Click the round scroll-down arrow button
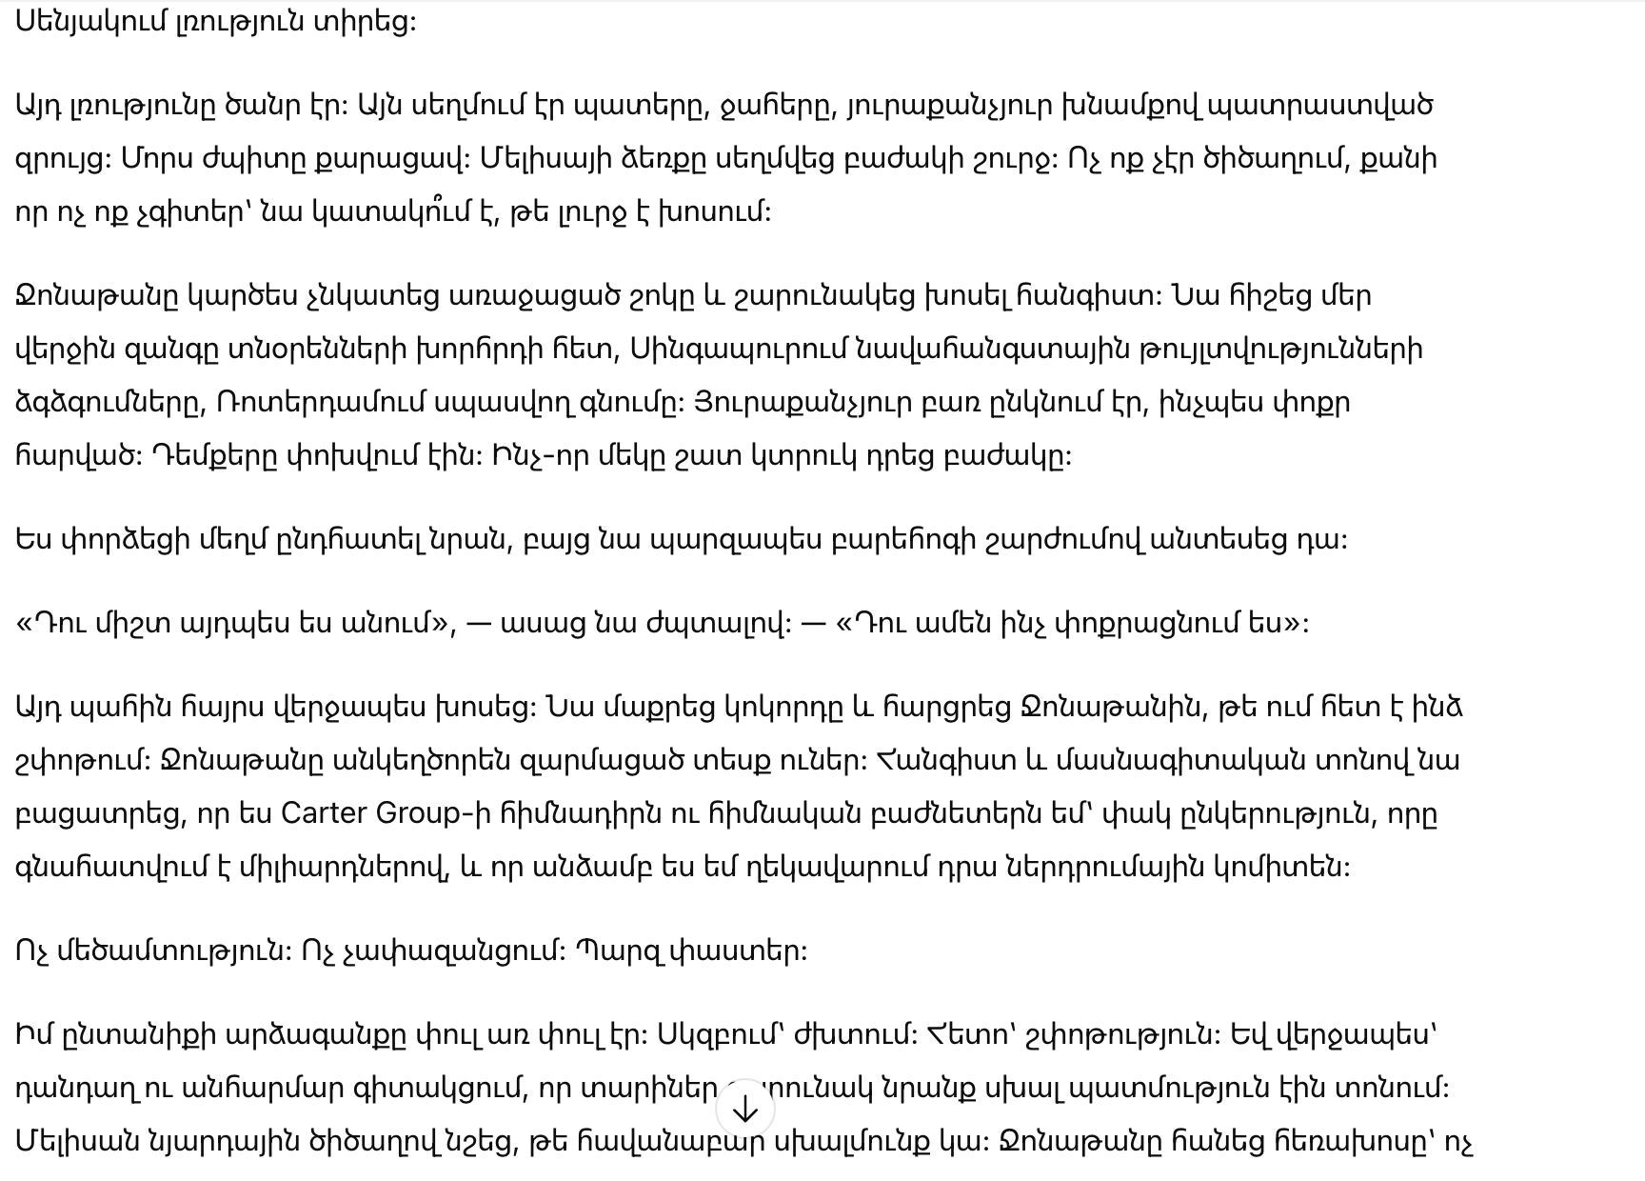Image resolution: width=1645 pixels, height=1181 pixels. coord(744,1109)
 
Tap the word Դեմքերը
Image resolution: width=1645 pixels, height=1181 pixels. coord(214,455)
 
